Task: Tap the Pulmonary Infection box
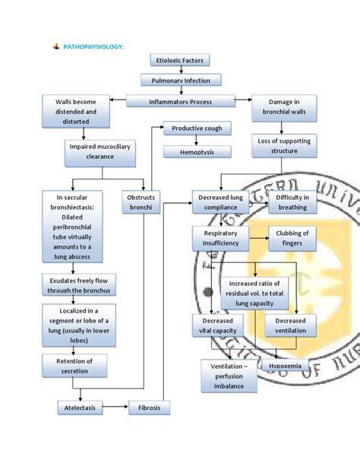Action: tap(181, 80)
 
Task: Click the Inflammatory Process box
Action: tap(180, 101)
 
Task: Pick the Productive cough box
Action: tap(197, 128)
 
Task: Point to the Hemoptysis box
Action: tap(197, 151)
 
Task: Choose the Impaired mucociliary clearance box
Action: tap(90, 151)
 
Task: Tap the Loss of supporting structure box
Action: tap(284, 146)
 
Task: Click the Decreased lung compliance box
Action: tap(221, 202)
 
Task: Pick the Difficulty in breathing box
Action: tap(292, 202)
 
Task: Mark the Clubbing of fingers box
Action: tap(292, 238)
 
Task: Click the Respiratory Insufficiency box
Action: tap(221, 238)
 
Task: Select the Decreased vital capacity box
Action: tap(218, 326)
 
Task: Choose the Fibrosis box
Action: tap(150, 408)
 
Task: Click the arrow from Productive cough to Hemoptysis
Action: tap(197, 140)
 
